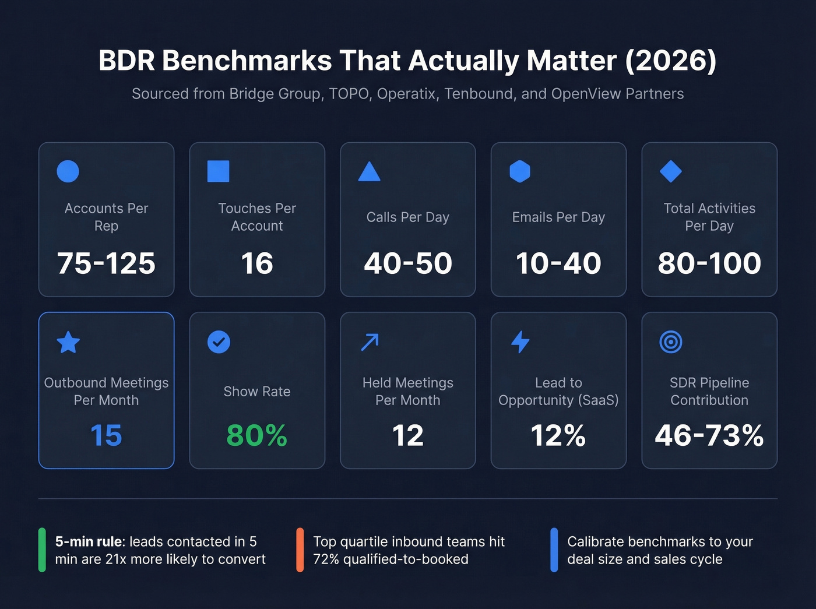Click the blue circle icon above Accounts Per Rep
68,171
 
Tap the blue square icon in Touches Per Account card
219,171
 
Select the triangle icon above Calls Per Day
369,172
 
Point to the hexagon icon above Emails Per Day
520,171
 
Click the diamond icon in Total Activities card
670,171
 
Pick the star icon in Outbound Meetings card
68,342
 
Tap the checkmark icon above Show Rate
219,342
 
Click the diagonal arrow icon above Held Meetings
370,342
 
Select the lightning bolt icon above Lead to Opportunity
520,342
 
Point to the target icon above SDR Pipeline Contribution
670,342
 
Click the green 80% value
256,435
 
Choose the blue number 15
106,435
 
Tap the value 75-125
106,263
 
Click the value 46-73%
709,435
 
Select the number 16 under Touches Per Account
256,263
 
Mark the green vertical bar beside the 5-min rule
42,550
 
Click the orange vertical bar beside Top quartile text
300,550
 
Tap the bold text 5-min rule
90,541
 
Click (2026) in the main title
670,61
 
